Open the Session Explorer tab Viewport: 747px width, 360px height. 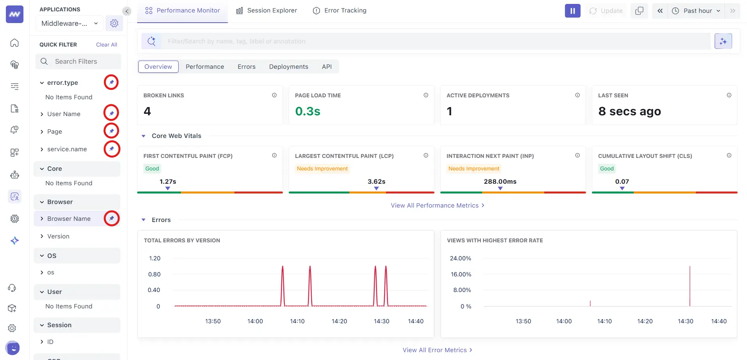click(x=266, y=11)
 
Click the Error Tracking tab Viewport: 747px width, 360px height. click(x=340, y=11)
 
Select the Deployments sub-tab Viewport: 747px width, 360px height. click(x=288, y=67)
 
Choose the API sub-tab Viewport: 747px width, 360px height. click(x=327, y=67)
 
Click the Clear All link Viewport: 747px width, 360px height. click(x=106, y=45)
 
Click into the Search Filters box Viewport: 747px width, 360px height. click(x=78, y=61)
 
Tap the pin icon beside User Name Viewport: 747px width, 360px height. click(x=111, y=113)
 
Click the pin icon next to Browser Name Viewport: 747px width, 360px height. click(x=111, y=218)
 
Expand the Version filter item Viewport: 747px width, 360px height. click(x=58, y=236)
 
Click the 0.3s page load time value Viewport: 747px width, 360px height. click(x=307, y=111)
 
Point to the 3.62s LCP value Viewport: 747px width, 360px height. click(x=376, y=181)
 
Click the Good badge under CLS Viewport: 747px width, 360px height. click(x=606, y=168)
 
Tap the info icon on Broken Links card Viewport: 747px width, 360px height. click(x=274, y=95)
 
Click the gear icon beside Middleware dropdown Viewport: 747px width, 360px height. click(x=114, y=23)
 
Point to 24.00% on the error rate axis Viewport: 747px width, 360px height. click(x=460, y=258)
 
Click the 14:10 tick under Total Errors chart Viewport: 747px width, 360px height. click(x=297, y=321)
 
